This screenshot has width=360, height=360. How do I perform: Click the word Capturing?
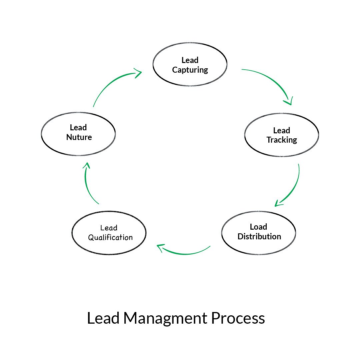click(190, 70)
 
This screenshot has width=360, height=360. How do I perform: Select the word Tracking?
click(282, 140)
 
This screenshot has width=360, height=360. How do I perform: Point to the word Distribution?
click(259, 236)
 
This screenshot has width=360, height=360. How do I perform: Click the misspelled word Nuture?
click(79, 137)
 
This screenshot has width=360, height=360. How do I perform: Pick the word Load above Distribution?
click(258, 227)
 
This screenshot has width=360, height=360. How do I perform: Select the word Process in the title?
click(238, 318)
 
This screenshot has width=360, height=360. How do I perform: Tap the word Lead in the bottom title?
click(103, 318)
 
